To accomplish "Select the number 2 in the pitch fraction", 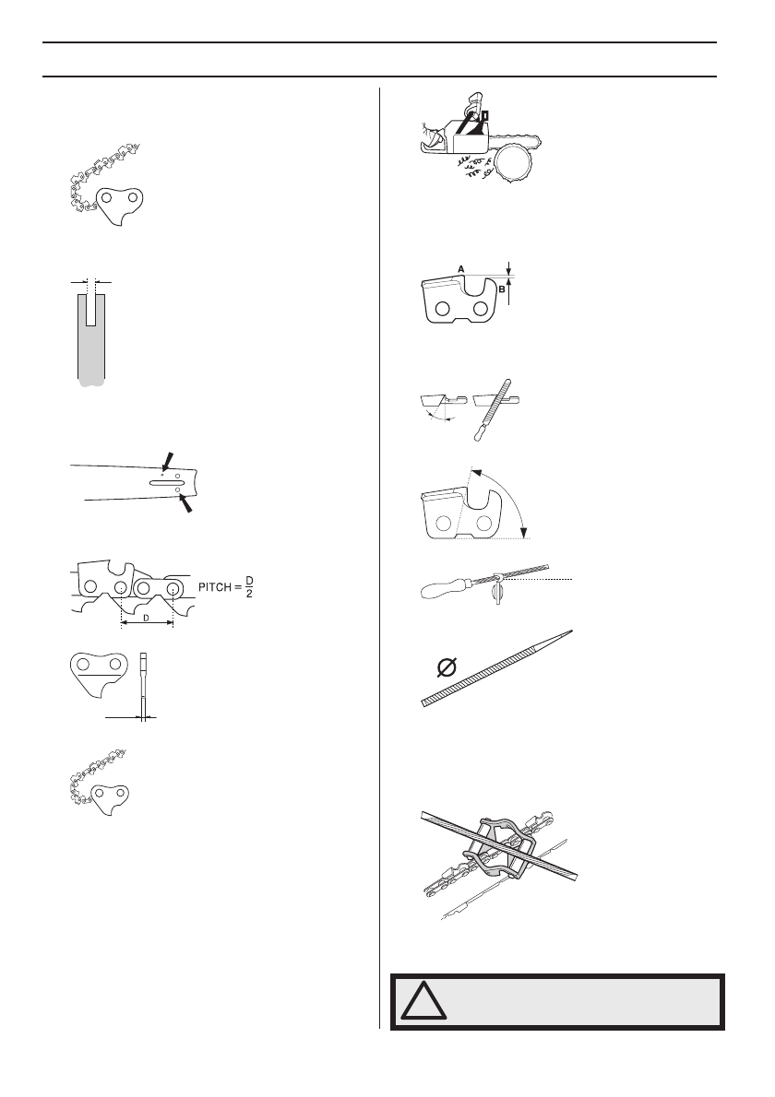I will (249, 594).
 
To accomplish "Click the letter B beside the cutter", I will (503, 288).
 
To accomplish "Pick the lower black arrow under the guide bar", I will (187, 503).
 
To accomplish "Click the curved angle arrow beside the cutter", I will (507, 498).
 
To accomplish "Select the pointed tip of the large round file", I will (570, 631).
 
